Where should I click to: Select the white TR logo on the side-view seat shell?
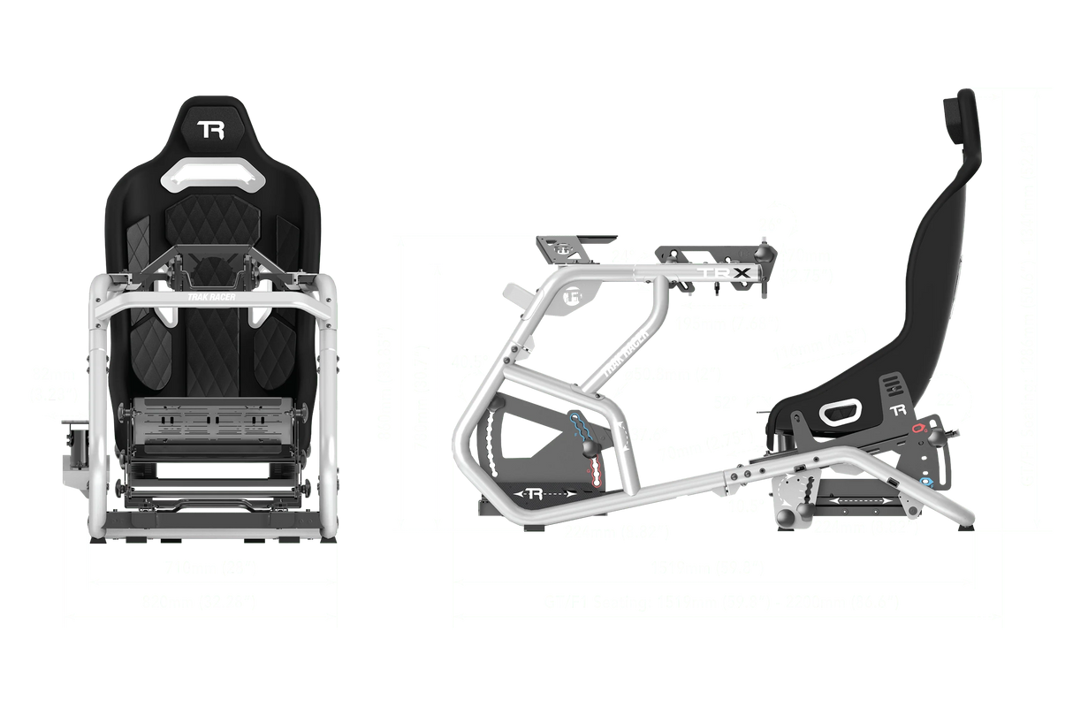tap(899, 410)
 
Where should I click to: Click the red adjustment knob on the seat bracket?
tap(919, 430)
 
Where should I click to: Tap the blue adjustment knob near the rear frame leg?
tap(925, 482)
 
